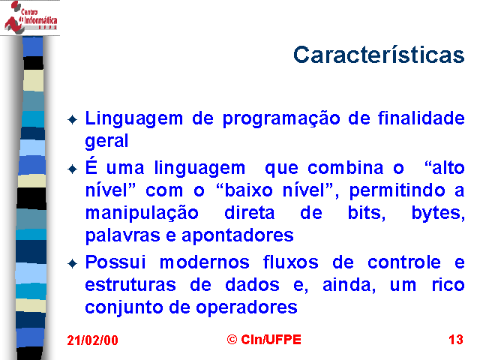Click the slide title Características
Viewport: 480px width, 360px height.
(x=379, y=55)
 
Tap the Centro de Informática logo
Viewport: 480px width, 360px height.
(x=30, y=17)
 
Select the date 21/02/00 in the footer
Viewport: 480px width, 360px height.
(x=92, y=340)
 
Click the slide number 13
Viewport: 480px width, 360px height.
(x=456, y=340)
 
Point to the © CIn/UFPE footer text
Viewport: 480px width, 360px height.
(x=264, y=340)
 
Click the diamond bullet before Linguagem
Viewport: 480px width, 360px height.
(x=72, y=119)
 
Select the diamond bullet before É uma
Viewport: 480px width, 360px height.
(x=72, y=169)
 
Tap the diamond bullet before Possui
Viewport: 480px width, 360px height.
(x=72, y=263)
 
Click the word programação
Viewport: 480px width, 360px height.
(x=281, y=119)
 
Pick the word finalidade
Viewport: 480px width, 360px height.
(x=421, y=118)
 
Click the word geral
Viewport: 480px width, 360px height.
(x=106, y=141)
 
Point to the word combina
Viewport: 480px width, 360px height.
(x=345, y=168)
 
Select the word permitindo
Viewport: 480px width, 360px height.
(x=397, y=191)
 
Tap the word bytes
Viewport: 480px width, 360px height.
(x=438, y=213)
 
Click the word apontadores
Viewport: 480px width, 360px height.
(x=238, y=236)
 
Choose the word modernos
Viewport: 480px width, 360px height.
(x=205, y=262)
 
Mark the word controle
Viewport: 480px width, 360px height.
(x=404, y=262)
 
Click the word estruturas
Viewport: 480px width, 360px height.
(x=130, y=285)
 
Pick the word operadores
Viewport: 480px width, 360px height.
(x=247, y=308)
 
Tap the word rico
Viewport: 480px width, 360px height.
(x=448, y=285)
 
